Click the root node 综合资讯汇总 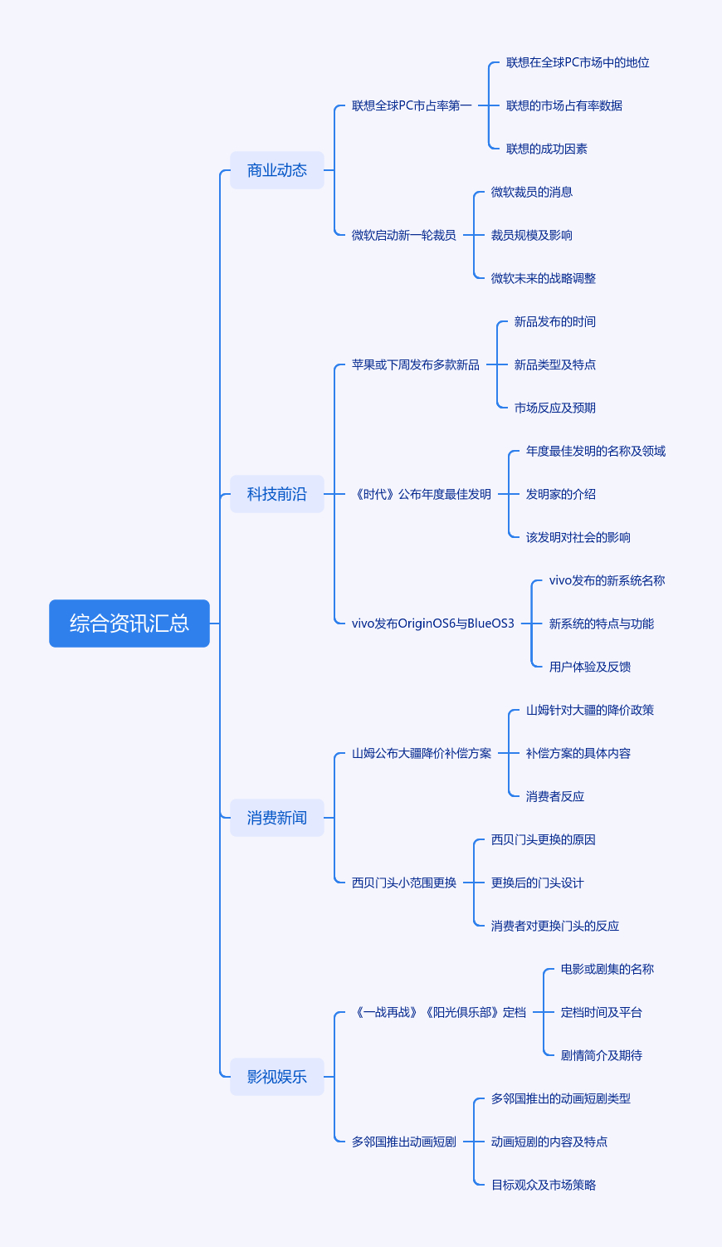tap(129, 623)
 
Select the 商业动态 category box tap(277, 170)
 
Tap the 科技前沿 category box tap(277, 494)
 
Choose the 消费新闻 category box tap(277, 818)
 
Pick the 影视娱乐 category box tap(277, 1077)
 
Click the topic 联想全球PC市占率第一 tap(412, 105)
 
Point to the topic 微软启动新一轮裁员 tap(404, 235)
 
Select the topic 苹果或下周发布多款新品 tap(416, 364)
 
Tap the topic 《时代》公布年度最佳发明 tap(422, 494)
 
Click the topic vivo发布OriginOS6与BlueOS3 tap(433, 623)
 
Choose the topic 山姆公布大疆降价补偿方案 tap(422, 753)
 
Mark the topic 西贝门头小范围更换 tap(404, 883)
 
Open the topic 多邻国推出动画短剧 tap(404, 1142)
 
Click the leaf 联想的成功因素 tap(547, 149)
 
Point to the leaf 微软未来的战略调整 tap(544, 278)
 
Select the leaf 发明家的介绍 tap(561, 494)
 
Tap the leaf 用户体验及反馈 tap(590, 667)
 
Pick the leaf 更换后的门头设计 tap(538, 883)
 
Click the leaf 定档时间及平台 tap(602, 1012)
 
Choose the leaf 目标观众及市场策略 tap(544, 1185)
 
